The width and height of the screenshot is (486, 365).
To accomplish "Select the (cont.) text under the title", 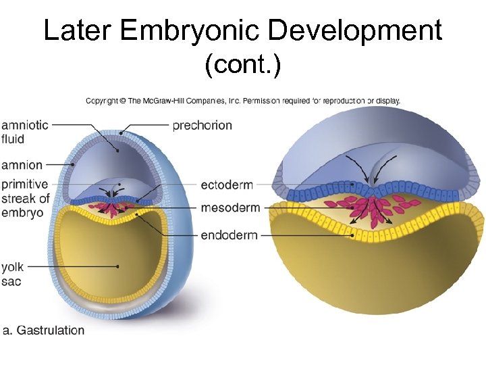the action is click(242, 66).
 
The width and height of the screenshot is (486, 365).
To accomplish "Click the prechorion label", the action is click(202, 125).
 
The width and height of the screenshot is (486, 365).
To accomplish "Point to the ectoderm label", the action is click(230, 184).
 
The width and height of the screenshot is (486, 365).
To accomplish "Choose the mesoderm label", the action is click(230, 208).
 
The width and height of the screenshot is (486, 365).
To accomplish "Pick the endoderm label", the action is click(230, 235).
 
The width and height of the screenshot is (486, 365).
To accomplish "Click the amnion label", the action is click(22, 165).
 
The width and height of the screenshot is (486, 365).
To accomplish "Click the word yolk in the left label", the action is click(13, 267).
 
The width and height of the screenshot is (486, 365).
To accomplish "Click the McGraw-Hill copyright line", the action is click(243, 101).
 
